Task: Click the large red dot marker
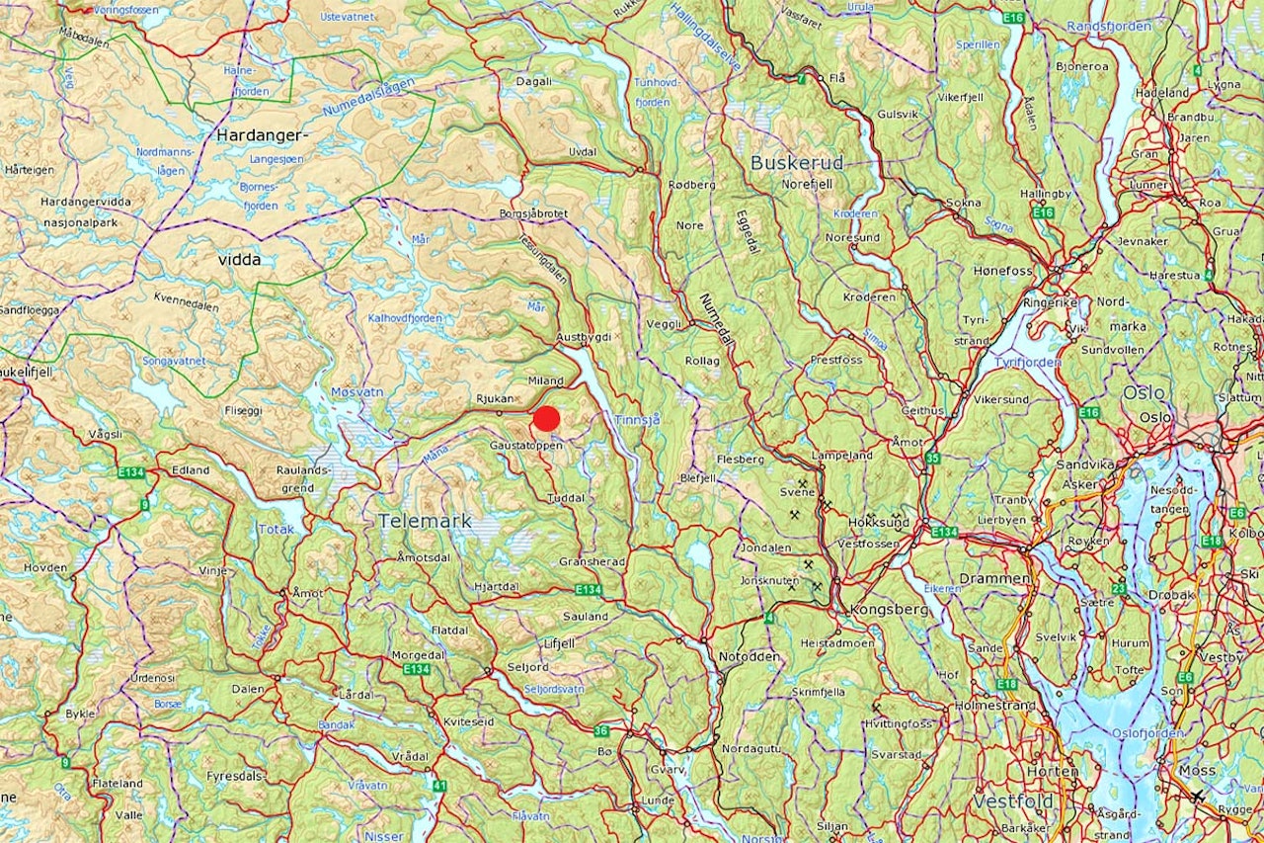click(546, 419)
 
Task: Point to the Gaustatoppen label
click(525, 447)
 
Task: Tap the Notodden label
click(749, 656)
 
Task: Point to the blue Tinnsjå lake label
click(636, 419)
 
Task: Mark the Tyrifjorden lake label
click(1029, 362)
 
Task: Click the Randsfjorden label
click(1109, 27)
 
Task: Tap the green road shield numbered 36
click(602, 731)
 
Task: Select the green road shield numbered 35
click(932, 458)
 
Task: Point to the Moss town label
click(1200, 770)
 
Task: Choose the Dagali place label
click(533, 82)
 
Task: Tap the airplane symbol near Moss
click(1198, 796)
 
